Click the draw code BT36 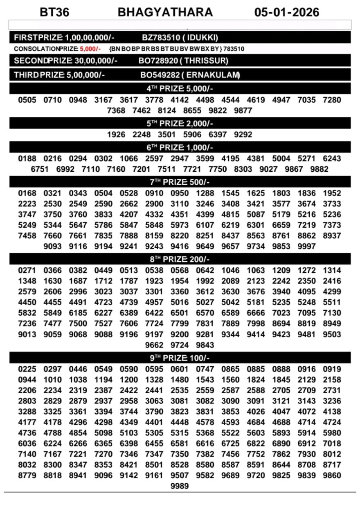pos(54,12)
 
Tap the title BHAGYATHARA pos(165,12)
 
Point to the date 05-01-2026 pos(286,12)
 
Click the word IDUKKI pos(203,38)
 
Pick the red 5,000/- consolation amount pos(90,49)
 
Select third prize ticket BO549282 pos(159,75)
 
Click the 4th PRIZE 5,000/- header pos(180,89)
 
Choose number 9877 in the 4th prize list pos(243,110)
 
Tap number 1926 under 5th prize pos(116,135)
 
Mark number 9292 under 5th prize pos(243,135)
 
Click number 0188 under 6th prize pos(27,159)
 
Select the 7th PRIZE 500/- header pos(180,182)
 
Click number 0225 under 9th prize pos(27,369)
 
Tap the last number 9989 pos(180,486)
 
